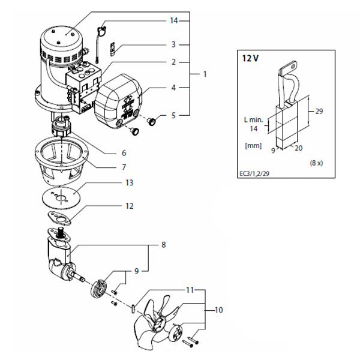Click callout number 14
[174, 20]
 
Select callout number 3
[173, 44]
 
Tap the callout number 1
[205, 74]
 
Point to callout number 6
[124, 152]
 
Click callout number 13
[129, 182]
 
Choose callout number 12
[129, 206]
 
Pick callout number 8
[163, 245]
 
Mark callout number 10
[219, 310]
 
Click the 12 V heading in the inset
[250, 58]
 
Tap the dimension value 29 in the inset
[319, 112]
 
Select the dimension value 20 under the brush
[298, 148]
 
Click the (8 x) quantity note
[316, 163]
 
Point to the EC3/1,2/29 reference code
[254, 173]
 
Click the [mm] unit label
[253, 146]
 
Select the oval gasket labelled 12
[59, 219]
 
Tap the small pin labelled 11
[133, 308]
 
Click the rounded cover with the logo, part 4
[118, 101]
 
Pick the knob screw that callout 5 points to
[152, 121]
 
